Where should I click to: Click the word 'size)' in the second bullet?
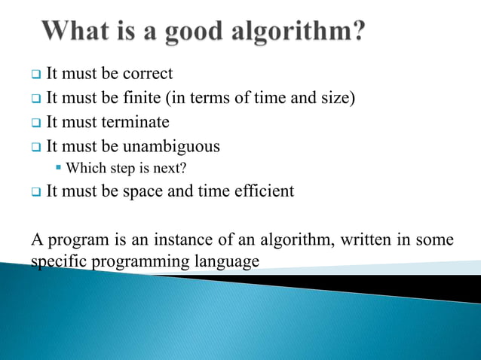click(x=336, y=98)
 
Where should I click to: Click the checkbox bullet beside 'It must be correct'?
click(x=35, y=75)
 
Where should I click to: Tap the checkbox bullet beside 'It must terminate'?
click(x=35, y=123)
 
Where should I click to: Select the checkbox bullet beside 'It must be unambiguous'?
click(x=35, y=147)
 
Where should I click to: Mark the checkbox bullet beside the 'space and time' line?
click(x=35, y=193)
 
